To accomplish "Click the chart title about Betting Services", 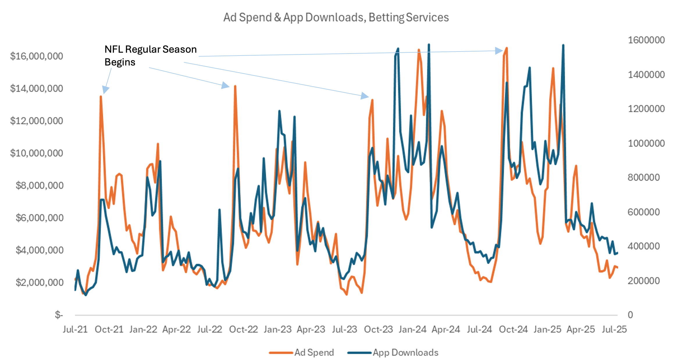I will (336, 17).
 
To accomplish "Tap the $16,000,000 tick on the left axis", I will (36, 56).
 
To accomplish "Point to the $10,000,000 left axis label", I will (36, 153).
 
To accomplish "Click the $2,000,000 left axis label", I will (39, 282).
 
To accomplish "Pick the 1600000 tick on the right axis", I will (646, 40).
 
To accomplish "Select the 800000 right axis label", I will (643, 177).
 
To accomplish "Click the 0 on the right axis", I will (630, 315).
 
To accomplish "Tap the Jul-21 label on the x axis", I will (75, 329).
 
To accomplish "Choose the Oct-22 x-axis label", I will (243, 329).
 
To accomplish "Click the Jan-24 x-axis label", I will (412, 329).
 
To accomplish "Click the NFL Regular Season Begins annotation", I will (150, 55).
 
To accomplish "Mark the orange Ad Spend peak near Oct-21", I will (101, 96).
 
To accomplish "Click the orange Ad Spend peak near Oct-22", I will (235, 86).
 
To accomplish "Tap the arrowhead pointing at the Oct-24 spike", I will (499, 51).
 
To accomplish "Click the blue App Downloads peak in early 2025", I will (563, 45).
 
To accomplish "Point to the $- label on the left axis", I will (59, 315).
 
